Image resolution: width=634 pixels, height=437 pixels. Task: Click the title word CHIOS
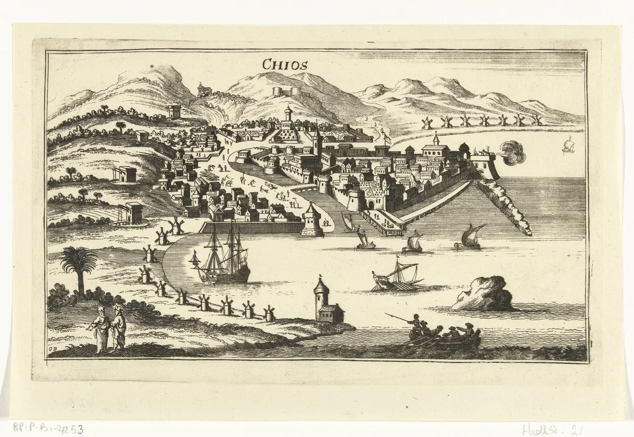coord(285,64)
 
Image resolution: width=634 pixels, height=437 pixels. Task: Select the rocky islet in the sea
coord(483,294)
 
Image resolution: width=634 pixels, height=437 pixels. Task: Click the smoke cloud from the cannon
coord(511,153)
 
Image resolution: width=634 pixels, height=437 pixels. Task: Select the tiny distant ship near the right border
coord(568,145)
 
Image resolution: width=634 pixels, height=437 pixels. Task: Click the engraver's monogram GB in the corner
coord(52,347)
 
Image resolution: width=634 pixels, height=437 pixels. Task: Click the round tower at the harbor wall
coord(312,221)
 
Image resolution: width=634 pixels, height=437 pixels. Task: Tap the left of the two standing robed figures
coord(100,329)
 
